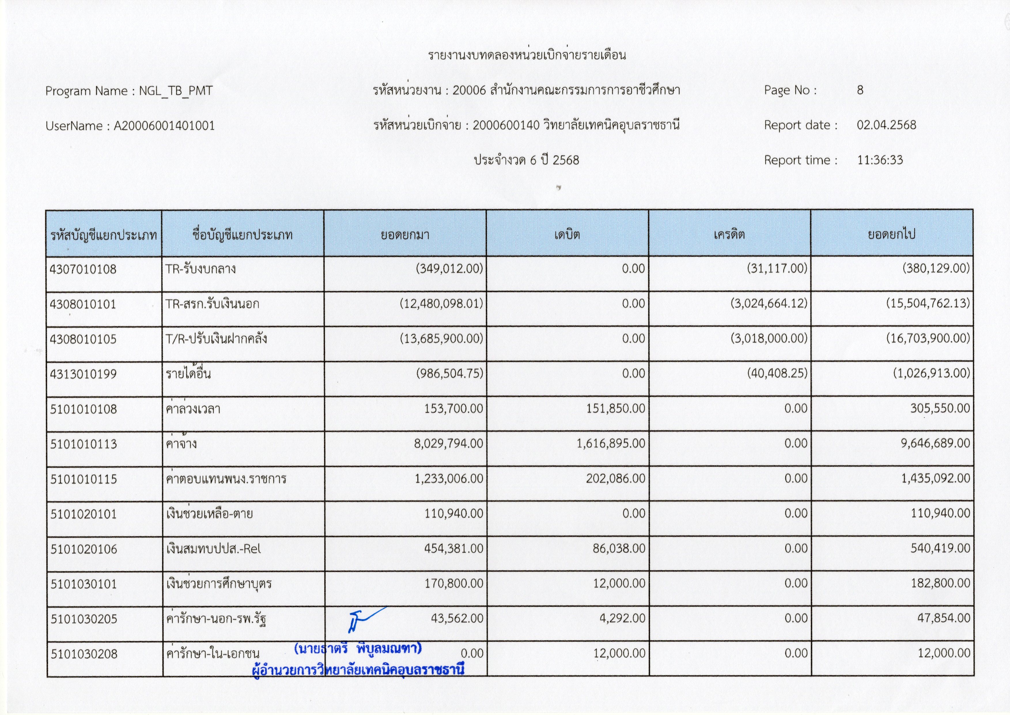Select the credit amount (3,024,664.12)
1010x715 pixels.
tap(769, 303)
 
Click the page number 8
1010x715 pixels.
tap(860, 90)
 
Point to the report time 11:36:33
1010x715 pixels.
tap(880, 160)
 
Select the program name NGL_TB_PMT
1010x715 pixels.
tap(176, 91)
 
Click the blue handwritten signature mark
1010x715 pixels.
tap(363, 619)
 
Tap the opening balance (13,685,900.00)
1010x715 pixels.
tap(441, 339)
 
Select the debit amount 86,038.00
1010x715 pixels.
tap(619, 549)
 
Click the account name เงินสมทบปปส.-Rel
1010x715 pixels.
tap(213, 549)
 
